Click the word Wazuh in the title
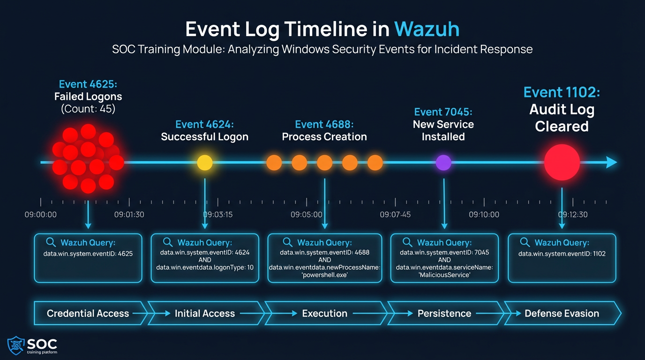[427, 29]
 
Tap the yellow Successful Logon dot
[204, 163]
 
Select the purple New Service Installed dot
[443, 163]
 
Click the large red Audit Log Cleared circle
[562, 163]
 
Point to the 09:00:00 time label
[41, 215]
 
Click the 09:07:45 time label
[395, 215]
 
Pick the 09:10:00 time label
[484, 215]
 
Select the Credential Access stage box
[88, 314]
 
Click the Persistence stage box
[444, 314]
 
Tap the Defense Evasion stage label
[562, 314]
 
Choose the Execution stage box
[324, 314]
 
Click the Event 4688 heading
[324, 125]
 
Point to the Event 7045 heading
[443, 112]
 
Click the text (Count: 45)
[88, 109]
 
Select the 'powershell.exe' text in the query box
[324, 275]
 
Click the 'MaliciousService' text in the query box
[444, 275]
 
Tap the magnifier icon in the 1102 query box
[525, 242]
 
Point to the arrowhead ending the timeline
[612, 163]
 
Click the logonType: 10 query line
[205, 267]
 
